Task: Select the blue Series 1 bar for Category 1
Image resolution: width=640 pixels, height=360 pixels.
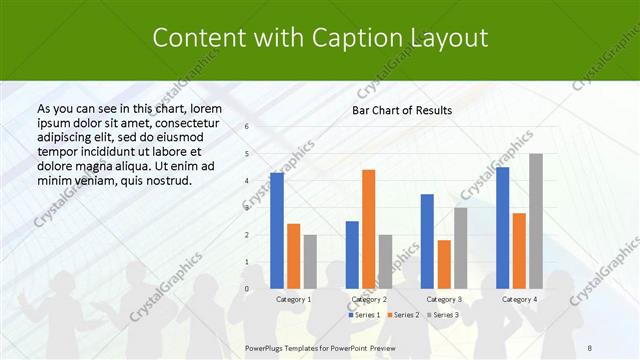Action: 277,230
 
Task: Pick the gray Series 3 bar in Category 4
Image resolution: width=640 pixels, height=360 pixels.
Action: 536,221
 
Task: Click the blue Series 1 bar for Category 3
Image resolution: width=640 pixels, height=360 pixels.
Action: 427,241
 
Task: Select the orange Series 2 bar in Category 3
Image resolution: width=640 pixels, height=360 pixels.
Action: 444,264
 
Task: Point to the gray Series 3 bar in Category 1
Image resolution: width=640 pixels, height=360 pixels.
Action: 310,261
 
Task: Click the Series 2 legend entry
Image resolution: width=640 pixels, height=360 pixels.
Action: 402,315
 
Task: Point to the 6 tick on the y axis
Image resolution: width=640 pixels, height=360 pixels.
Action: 246,127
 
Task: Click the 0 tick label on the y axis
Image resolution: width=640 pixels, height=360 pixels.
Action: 246,289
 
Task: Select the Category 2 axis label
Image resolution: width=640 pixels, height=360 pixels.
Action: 369,299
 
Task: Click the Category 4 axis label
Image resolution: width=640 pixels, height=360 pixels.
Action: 519,299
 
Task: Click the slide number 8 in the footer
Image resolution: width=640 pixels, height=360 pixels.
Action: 589,347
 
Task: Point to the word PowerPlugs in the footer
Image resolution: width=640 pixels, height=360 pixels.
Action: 268,347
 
